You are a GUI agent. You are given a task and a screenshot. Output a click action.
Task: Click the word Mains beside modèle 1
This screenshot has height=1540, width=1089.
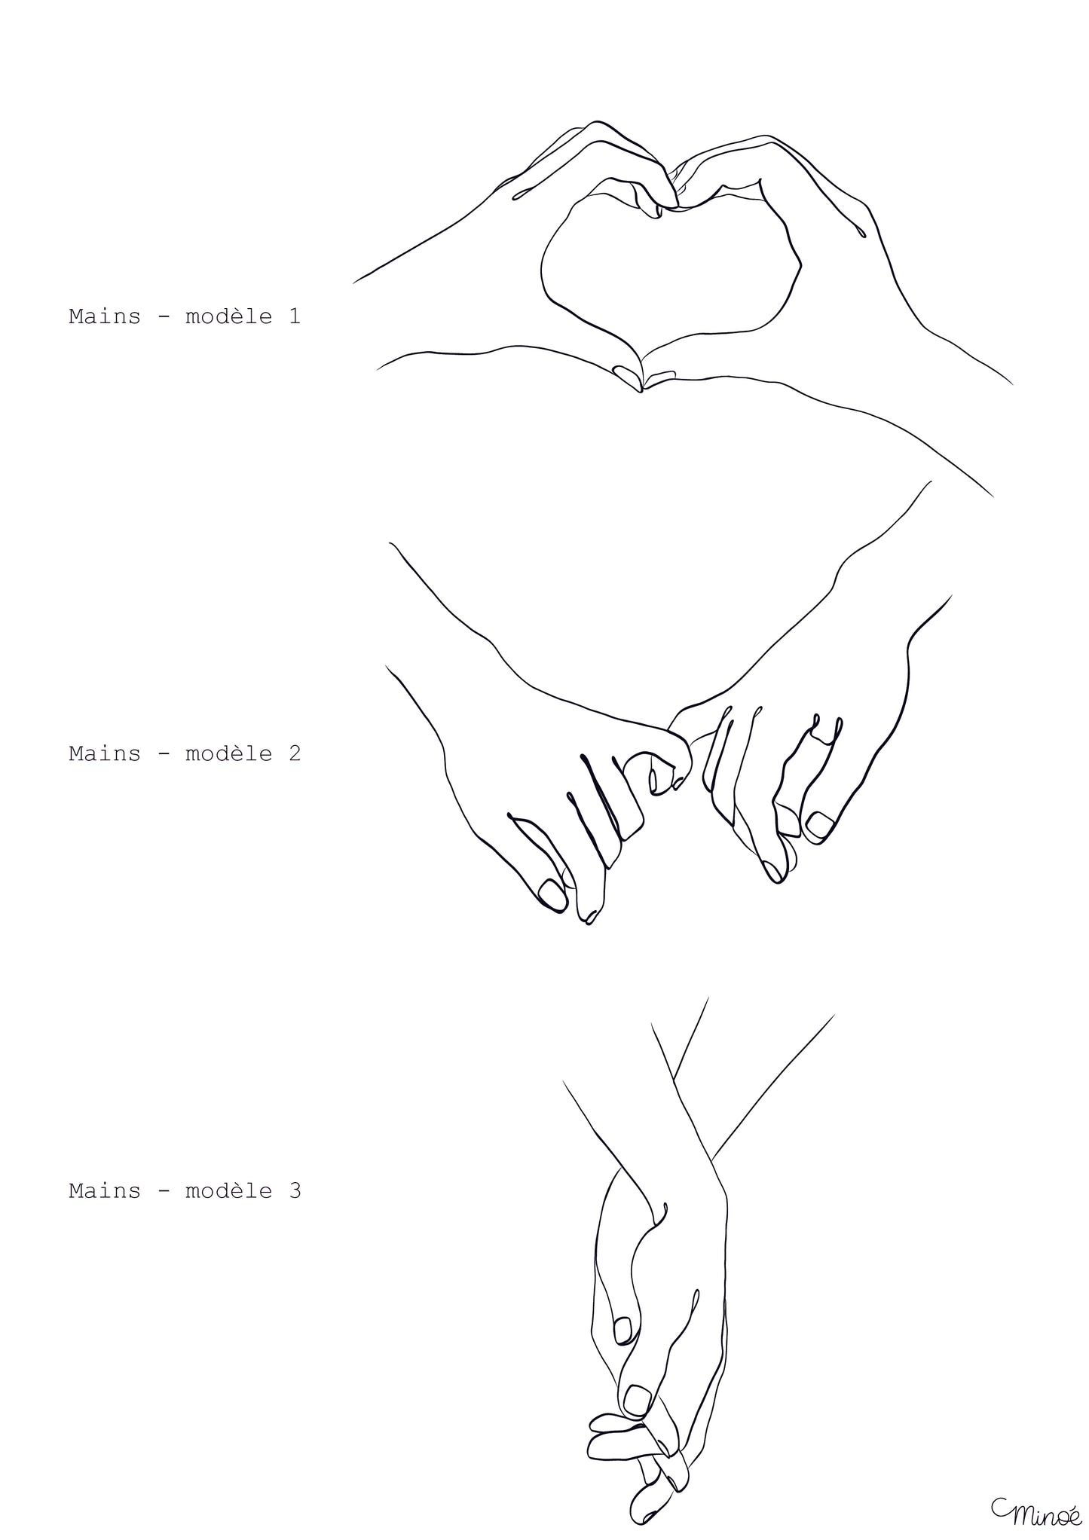pyautogui.click(x=105, y=316)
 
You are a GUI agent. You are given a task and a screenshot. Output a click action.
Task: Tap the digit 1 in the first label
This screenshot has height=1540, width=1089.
pyautogui.click(x=294, y=316)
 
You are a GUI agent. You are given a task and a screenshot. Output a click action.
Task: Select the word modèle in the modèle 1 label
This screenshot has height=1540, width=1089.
pyautogui.click(x=228, y=316)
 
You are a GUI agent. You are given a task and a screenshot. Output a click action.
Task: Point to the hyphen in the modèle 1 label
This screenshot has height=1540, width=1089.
pyautogui.click(x=163, y=317)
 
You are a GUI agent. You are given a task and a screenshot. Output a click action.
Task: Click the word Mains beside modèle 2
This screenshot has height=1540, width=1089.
pyautogui.click(x=105, y=753)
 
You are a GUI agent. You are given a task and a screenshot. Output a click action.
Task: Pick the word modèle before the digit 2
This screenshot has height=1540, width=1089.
pyautogui.click(x=228, y=753)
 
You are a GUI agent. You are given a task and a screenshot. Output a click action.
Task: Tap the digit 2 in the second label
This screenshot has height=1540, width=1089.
pyautogui.click(x=294, y=753)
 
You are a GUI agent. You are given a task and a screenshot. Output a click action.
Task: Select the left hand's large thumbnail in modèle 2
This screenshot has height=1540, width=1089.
pyautogui.click(x=552, y=895)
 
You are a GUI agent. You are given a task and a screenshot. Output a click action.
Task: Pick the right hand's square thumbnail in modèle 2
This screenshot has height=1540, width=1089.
pyautogui.click(x=819, y=824)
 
